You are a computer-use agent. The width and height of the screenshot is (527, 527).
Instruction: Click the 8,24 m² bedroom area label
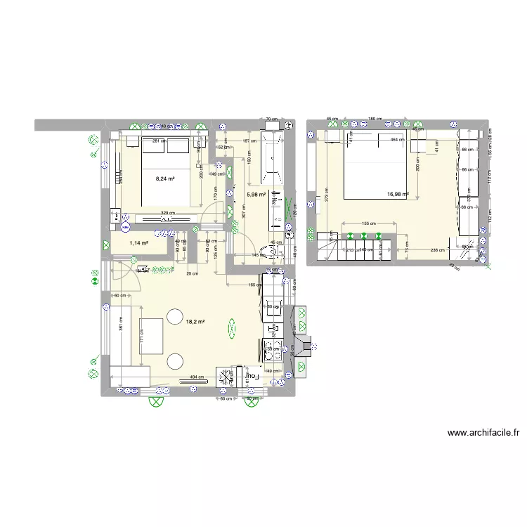[x=164, y=178]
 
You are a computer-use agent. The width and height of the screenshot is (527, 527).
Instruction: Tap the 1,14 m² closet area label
[x=139, y=243]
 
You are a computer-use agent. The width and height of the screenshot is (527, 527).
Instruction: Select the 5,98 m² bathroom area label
[x=255, y=195]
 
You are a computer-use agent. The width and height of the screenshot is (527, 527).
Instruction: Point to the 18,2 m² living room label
[x=195, y=322]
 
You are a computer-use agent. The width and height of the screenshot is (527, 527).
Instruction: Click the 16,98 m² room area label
[x=397, y=194]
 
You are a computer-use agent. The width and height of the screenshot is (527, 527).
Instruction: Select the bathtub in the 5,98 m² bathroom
[x=271, y=155]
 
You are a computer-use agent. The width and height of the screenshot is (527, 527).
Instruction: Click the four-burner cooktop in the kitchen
[x=273, y=353]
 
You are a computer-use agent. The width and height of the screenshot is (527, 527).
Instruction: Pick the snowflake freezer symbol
[x=227, y=378]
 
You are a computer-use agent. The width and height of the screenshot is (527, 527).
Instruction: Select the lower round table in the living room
[x=174, y=361]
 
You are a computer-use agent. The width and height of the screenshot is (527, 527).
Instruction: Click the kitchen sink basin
[x=273, y=307]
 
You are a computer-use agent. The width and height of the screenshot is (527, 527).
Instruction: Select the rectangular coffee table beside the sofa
[x=152, y=337]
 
